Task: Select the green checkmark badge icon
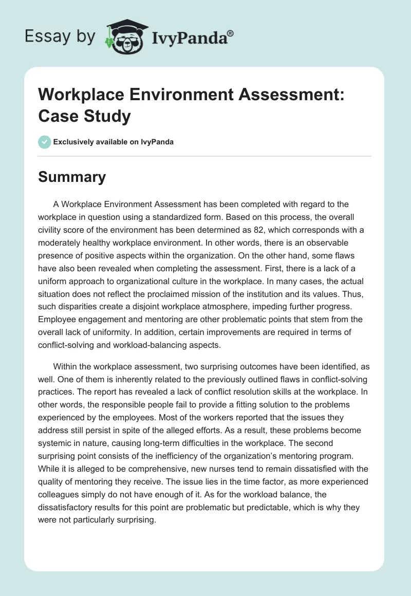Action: tap(45, 142)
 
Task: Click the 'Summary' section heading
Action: tap(72, 177)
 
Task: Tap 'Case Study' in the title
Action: tap(84, 116)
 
